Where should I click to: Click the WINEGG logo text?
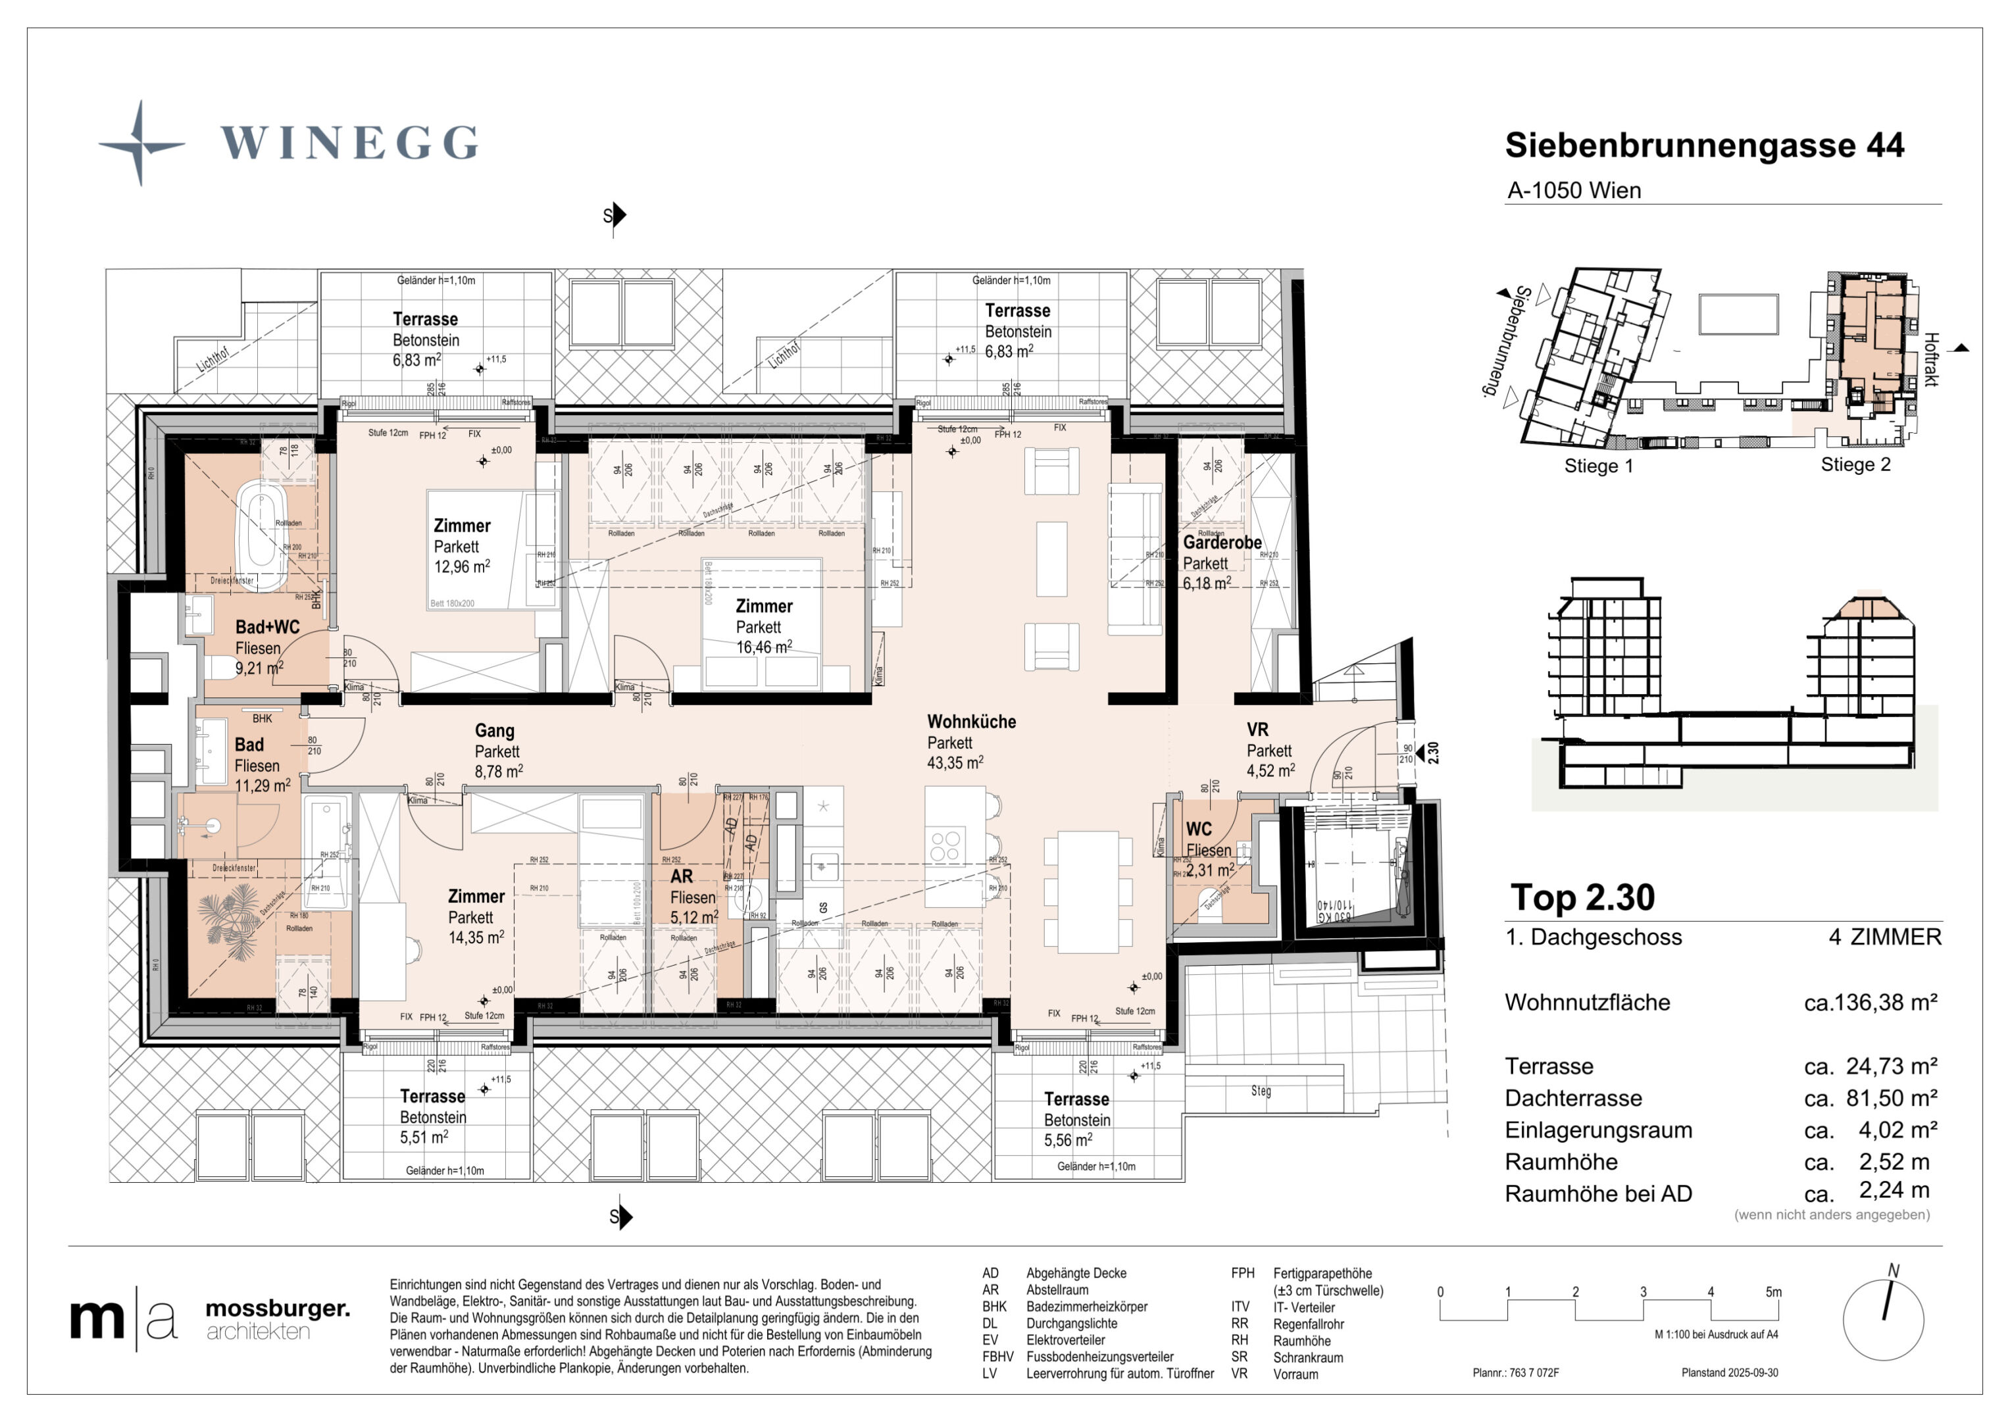point(349,143)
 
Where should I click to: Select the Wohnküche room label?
point(971,722)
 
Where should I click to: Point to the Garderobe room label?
point(1221,542)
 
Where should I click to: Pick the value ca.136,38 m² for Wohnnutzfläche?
point(1870,1003)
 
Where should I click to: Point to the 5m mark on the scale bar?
point(1772,1292)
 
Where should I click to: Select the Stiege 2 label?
point(1855,465)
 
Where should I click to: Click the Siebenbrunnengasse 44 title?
point(1703,145)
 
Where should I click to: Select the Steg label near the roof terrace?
point(1260,1091)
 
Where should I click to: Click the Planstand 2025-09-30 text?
point(1729,1373)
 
